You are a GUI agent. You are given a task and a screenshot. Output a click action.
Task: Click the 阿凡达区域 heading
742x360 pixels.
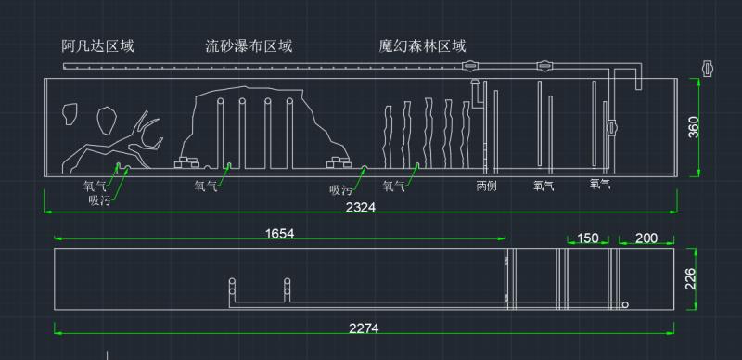[97, 45]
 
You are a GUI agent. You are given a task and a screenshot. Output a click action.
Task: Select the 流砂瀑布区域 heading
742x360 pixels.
[249, 45]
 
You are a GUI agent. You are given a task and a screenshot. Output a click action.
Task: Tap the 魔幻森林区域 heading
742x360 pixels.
[422, 45]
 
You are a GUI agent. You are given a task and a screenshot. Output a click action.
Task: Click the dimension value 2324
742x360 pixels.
[360, 208]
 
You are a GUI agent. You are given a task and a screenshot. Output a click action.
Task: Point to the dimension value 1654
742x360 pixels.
[279, 234]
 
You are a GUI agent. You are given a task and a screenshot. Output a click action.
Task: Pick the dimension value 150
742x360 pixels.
[587, 238]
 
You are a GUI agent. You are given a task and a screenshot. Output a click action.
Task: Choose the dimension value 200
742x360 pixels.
[646, 238]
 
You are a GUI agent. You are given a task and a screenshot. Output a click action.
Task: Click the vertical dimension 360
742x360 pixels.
[695, 127]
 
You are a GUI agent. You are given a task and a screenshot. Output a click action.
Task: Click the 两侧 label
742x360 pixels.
[487, 186]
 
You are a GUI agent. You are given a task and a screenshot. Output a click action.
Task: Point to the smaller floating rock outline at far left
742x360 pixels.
[68, 113]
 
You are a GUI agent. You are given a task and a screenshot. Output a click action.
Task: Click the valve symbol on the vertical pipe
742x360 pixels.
[612, 129]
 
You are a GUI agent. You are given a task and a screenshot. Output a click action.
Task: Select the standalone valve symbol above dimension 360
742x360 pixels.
[709, 68]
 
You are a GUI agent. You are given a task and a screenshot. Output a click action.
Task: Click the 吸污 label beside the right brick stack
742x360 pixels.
[341, 190]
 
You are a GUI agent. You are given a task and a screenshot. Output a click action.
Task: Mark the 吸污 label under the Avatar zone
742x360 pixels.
[100, 199]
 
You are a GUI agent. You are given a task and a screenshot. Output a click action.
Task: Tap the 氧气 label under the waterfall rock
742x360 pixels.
[206, 186]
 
